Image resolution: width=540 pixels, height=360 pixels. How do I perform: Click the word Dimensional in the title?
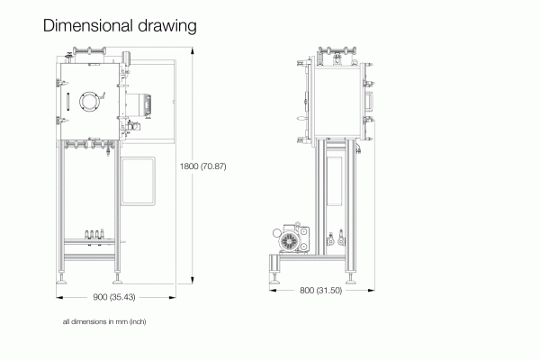(x=88, y=25)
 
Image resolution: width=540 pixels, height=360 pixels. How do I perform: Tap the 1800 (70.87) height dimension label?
(x=202, y=166)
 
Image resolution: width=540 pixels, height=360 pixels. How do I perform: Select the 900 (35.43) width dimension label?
(x=114, y=297)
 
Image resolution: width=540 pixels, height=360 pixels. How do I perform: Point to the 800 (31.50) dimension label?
(x=320, y=291)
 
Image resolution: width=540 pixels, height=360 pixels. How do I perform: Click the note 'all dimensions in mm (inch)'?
(x=104, y=322)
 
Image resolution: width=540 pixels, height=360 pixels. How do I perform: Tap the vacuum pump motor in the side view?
(x=291, y=239)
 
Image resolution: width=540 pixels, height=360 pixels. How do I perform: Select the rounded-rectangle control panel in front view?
(x=138, y=181)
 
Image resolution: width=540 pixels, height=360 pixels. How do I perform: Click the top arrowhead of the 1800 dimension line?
(x=193, y=50)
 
